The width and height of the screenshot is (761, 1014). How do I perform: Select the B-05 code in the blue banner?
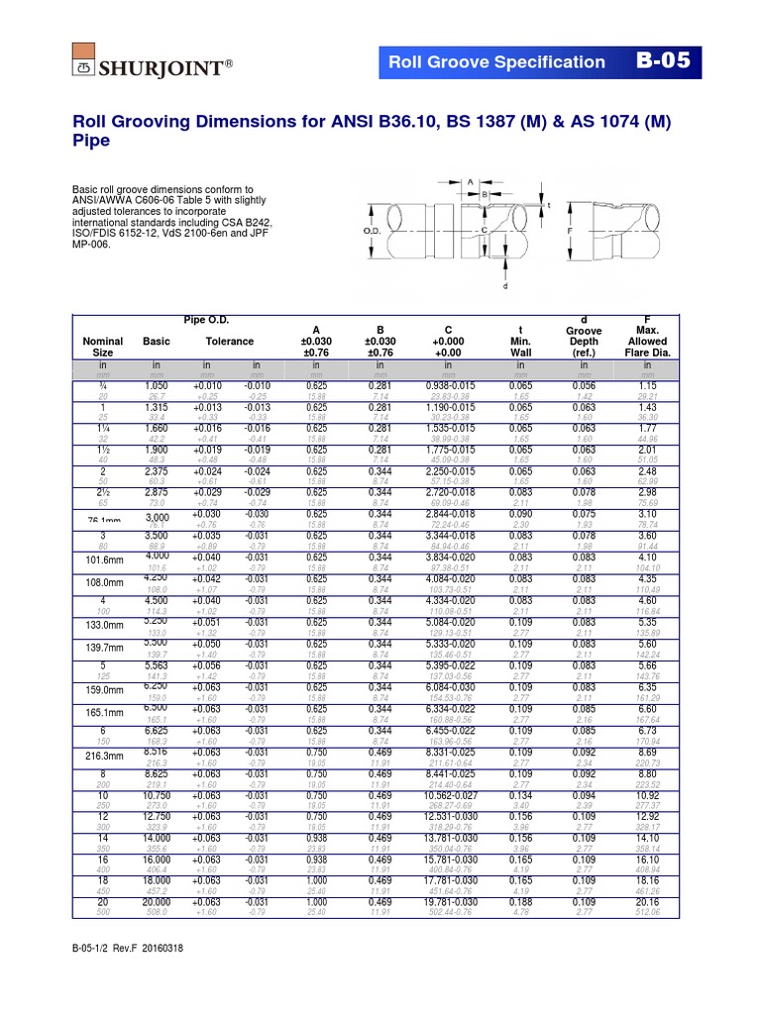coord(669,61)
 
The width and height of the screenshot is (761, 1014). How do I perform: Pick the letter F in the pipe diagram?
coord(569,231)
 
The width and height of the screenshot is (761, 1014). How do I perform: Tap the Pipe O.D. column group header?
coord(206,319)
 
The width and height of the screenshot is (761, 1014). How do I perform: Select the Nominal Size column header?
coord(103,346)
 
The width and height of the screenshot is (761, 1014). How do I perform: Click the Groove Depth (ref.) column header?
coord(584,341)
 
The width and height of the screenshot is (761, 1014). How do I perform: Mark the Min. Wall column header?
coord(521,346)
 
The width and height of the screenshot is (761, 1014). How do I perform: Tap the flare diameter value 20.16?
coord(648,903)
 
